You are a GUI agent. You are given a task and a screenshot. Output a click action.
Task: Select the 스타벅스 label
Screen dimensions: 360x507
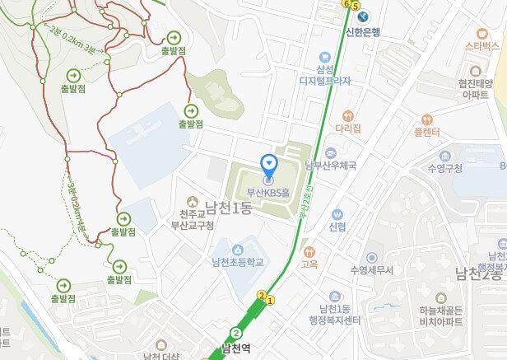481,44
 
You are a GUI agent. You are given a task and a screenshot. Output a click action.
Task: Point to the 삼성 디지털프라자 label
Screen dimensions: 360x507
324,76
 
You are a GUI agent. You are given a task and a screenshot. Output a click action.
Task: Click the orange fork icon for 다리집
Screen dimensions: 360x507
348,116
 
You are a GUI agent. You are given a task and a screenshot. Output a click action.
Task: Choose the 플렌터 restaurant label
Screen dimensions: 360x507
426,131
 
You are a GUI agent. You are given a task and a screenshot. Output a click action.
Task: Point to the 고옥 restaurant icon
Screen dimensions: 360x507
309,251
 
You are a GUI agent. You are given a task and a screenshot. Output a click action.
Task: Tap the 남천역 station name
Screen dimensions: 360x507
235,348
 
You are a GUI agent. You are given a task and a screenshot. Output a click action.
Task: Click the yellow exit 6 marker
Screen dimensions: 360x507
345,3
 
